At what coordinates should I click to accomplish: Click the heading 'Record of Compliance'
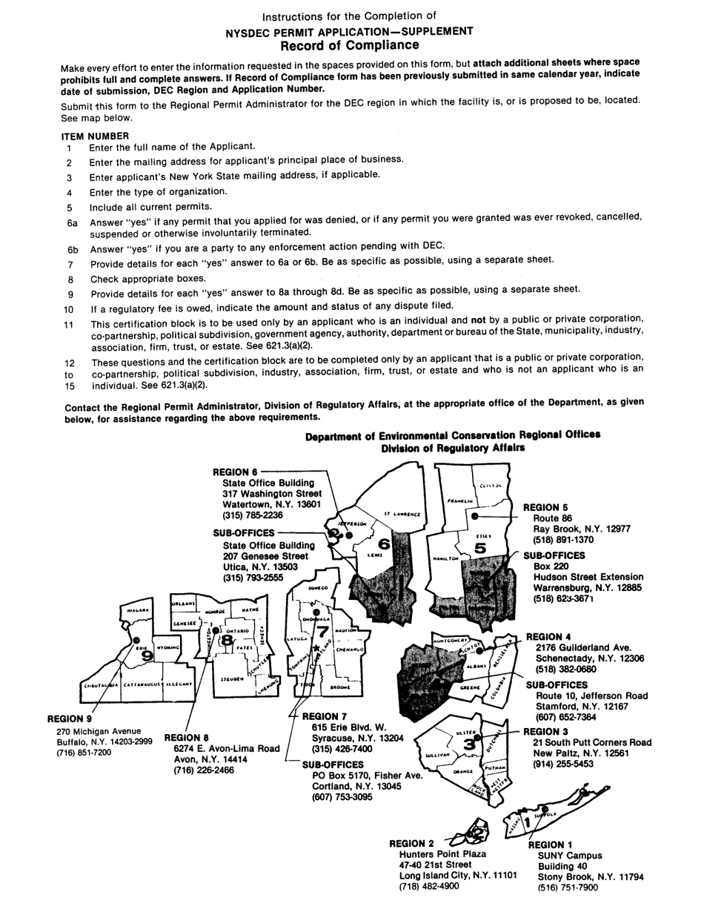(349, 45)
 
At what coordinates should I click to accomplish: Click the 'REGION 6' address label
(235, 472)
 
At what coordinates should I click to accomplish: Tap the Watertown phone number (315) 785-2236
(252, 515)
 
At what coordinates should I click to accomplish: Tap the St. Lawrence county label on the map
(402, 513)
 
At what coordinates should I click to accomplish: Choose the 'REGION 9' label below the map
(70, 718)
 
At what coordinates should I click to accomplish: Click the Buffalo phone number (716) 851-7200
(83, 752)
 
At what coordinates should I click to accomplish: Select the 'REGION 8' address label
(187, 737)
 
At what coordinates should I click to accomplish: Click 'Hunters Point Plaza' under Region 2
(442, 853)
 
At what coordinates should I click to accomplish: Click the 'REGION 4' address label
(548, 636)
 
